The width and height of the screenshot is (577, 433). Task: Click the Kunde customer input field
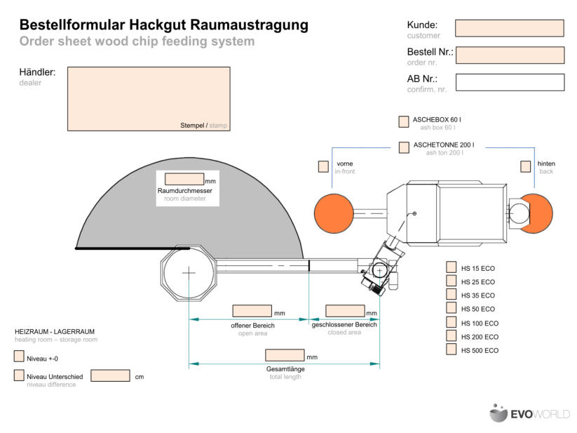click(x=509, y=28)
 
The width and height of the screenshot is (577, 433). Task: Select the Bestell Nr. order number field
click(x=510, y=55)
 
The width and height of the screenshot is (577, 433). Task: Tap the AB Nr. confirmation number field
click(x=510, y=82)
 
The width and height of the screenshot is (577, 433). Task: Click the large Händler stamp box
click(x=149, y=98)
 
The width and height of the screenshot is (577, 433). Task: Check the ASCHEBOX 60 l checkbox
click(x=404, y=121)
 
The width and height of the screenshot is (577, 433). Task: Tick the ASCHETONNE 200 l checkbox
click(x=404, y=147)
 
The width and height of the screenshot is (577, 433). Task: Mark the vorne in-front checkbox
click(x=323, y=166)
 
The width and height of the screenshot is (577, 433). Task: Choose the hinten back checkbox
click(x=525, y=166)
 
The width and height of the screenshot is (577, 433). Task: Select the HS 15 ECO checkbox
click(x=452, y=268)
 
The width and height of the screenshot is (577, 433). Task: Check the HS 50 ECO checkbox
click(x=452, y=309)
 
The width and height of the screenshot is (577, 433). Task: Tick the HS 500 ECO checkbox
click(x=452, y=349)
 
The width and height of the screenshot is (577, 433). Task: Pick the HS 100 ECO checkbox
click(x=452, y=323)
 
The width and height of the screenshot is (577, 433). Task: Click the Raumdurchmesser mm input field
click(x=184, y=179)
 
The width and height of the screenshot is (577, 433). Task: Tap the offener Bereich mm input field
click(x=252, y=311)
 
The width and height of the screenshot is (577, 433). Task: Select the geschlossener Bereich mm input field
click(x=345, y=311)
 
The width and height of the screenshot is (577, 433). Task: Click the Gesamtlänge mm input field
click(x=285, y=355)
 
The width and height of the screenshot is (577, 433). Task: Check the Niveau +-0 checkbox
click(x=19, y=357)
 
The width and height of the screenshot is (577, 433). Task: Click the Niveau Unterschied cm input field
click(x=110, y=375)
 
